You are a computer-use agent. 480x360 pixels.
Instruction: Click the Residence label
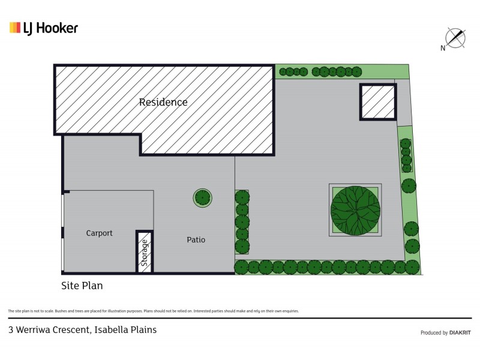click(163, 102)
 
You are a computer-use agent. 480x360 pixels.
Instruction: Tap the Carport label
click(99, 233)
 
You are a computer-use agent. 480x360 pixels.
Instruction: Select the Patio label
click(196, 240)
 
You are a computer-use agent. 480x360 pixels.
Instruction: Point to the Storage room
click(145, 252)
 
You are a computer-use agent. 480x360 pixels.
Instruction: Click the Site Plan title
click(82, 286)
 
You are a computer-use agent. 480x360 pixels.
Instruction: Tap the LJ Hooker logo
click(44, 28)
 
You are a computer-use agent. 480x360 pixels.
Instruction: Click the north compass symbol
click(456, 38)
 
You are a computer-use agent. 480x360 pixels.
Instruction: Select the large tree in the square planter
click(355, 210)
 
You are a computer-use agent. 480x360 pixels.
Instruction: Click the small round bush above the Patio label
click(202, 196)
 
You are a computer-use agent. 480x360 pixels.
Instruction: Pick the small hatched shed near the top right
click(377, 102)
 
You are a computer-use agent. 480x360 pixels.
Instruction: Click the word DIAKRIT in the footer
click(460, 332)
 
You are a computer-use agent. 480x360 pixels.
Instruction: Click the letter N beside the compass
click(442, 49)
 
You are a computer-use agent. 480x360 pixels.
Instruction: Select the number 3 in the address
click(11, 329)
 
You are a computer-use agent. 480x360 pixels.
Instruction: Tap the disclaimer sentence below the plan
click(153, 311)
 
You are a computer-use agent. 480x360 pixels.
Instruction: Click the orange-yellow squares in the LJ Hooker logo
click(15, 28)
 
